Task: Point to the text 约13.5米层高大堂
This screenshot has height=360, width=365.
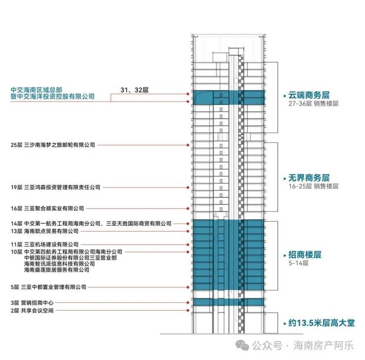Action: point(322,323)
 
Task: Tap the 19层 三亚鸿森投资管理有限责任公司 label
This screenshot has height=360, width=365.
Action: point(55,188)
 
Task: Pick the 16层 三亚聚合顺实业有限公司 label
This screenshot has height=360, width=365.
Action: point(47,208)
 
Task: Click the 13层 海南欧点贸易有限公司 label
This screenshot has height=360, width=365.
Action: point(44,231)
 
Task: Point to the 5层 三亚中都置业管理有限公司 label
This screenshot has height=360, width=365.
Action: point(48,287)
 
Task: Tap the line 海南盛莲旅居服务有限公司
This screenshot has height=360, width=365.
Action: point(57,270)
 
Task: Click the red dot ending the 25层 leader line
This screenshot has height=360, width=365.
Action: point(187,145)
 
